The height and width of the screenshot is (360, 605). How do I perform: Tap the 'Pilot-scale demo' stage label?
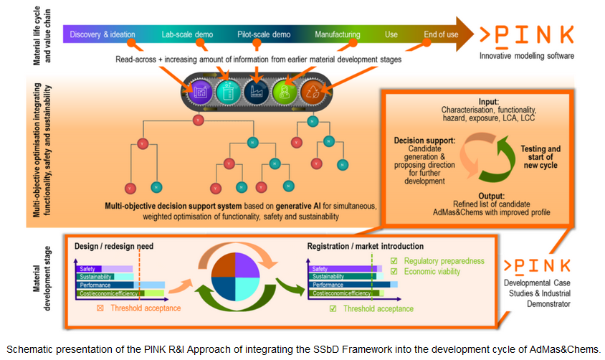(266, 34)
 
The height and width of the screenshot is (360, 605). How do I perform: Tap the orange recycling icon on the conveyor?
(313, 91)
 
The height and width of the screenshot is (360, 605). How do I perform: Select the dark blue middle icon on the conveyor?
(257, 91)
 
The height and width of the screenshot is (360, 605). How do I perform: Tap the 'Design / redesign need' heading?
(114, 247)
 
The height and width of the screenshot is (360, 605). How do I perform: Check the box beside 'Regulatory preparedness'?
(393, 260)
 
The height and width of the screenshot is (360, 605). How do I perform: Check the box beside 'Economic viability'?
(393, 271)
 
